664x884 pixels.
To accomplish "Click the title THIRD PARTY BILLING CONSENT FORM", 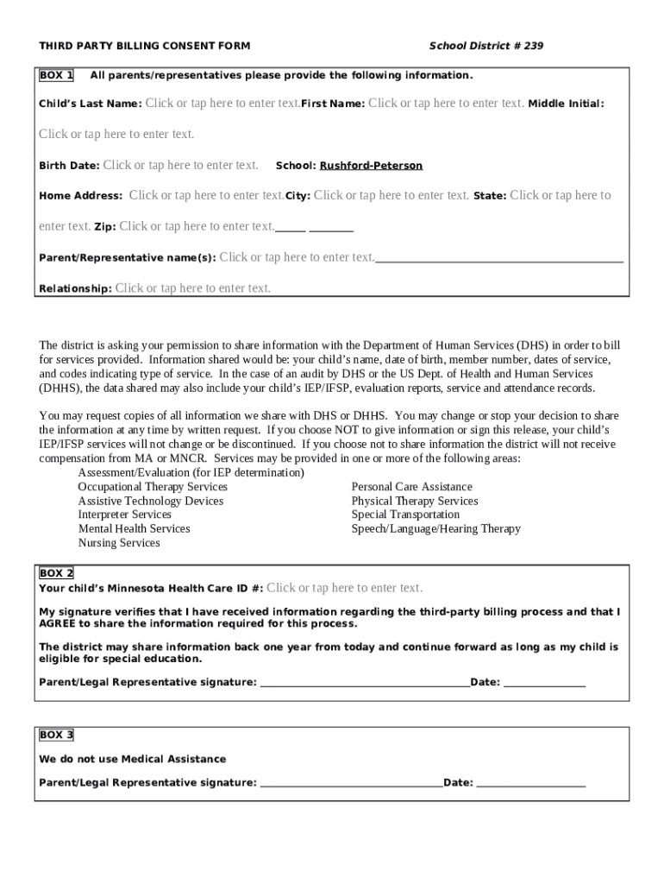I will (x=144, y=46).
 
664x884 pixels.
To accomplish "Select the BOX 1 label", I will (x=56, y=75).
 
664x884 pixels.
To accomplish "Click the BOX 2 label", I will (x=56, y=573).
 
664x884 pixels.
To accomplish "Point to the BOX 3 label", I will (x=56, y=735).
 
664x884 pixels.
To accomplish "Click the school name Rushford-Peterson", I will (x=371, y=166).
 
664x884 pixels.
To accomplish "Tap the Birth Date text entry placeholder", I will (x=180, y=165).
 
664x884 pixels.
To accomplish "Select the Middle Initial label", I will (x=566, y=104).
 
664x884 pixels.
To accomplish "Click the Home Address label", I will (x=80, y=196).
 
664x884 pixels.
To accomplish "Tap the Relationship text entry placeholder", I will (x=192, y=288).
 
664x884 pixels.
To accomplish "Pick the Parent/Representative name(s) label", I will (x=128, y=258).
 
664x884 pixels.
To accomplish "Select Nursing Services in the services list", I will (x=119, y=543).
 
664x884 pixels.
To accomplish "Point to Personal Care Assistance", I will (x=411, y=487).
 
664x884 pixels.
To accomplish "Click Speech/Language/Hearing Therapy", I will (x=435, y=528).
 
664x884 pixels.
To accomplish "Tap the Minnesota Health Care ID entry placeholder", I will (x=344, y=588).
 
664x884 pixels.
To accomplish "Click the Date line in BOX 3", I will (x=530, y=785).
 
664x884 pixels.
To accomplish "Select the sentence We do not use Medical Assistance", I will (x=133, y=760).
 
